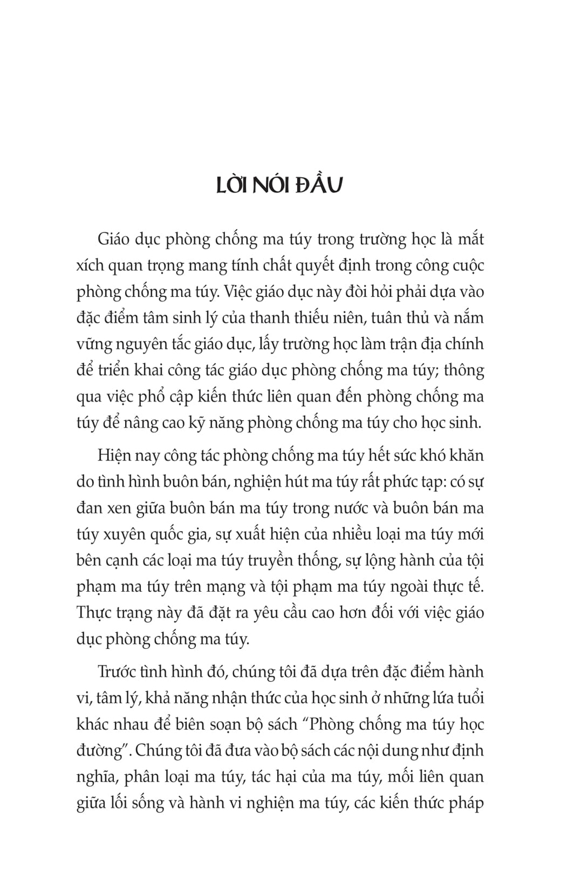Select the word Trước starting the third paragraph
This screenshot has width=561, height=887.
pos(117,672)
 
